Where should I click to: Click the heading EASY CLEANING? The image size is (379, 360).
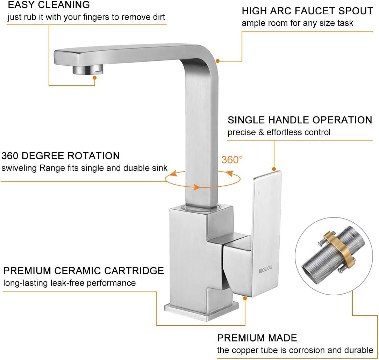(49, 5)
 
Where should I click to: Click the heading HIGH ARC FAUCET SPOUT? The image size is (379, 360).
(307, 11)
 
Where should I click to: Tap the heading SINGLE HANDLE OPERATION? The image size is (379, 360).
(300, 120)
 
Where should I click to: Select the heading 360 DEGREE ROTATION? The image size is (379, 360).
(61, 156)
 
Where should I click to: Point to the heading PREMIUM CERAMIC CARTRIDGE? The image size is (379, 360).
(84, 271)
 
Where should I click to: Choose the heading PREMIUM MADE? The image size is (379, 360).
(257, 338)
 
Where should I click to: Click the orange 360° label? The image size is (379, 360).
(232, 160)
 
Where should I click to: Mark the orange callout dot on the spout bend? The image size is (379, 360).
(217, 61)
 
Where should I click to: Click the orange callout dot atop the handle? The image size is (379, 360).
(274, 168)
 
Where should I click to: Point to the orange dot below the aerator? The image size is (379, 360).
(94, 78)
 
